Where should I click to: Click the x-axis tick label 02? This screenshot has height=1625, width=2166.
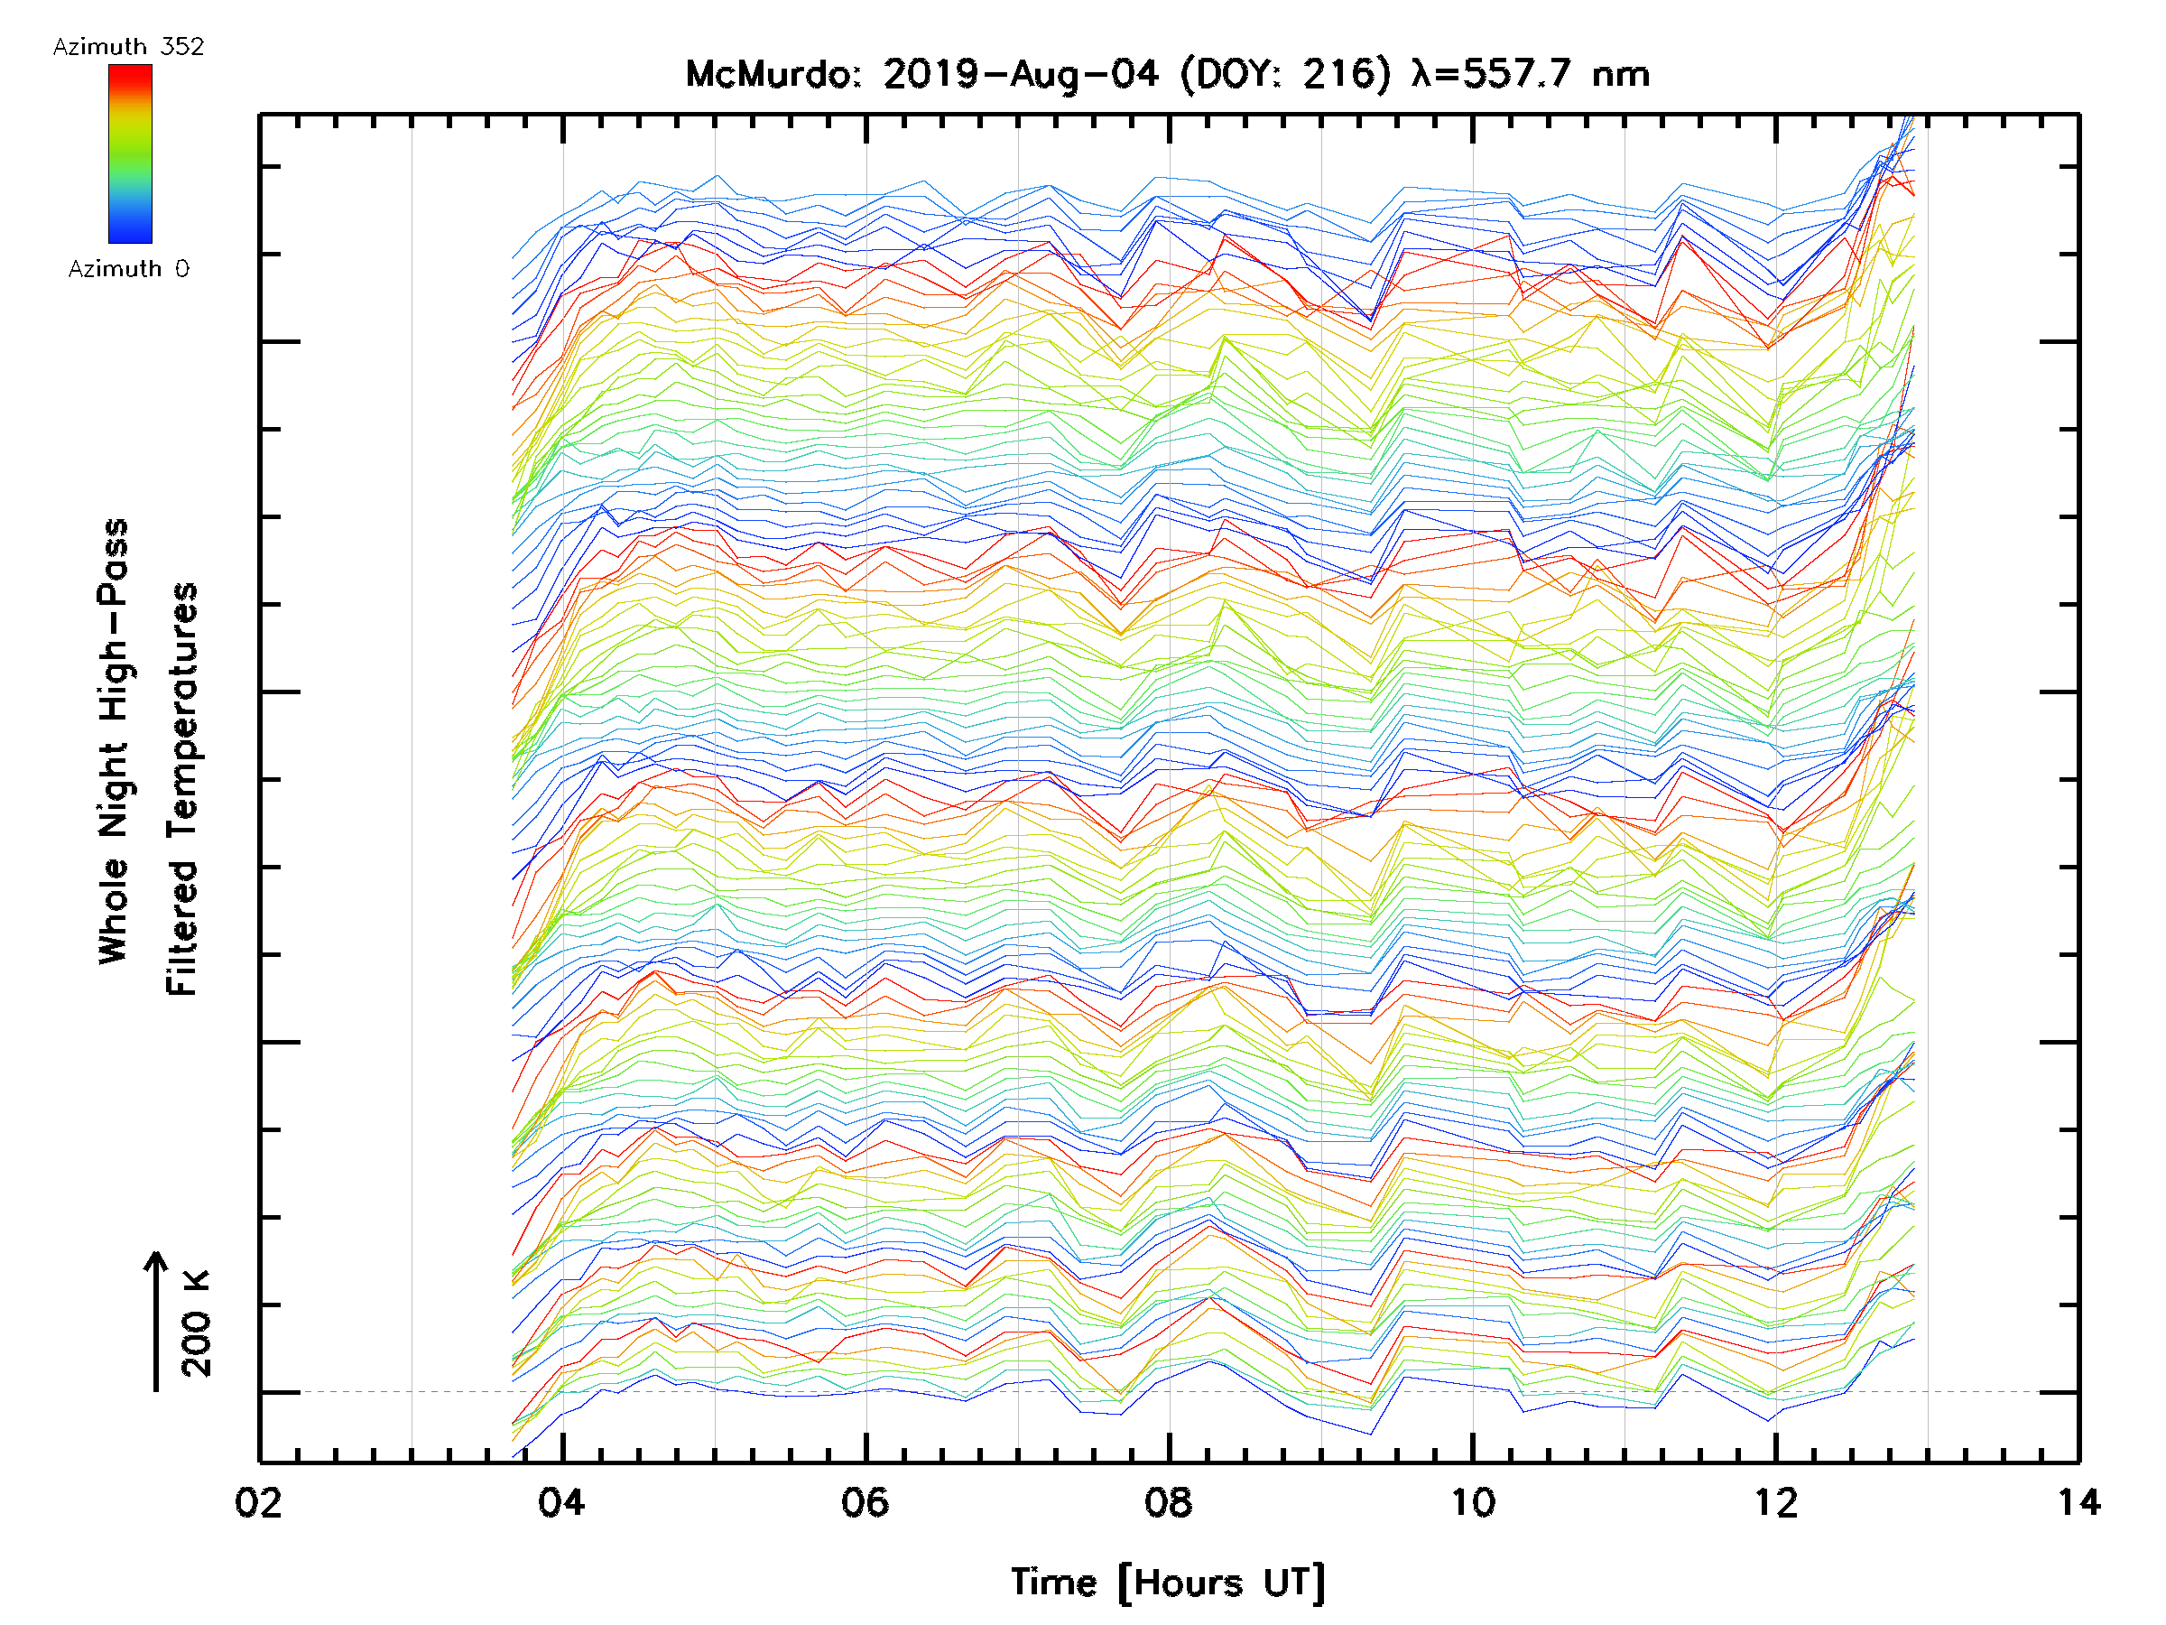pos(258,1502)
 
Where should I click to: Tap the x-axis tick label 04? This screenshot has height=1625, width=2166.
pos(562,1502)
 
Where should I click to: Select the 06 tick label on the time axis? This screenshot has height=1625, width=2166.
pos(865,1502)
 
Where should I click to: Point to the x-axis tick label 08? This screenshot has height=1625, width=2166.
pos(1169,1502)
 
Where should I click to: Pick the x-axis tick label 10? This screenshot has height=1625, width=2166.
pos(1473,1502)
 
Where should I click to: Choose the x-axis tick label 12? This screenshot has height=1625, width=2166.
pos(1776,1502)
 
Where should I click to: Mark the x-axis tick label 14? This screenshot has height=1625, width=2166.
pos(2078,1502)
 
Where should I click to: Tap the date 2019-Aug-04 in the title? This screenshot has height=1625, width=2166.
pos(1021,74)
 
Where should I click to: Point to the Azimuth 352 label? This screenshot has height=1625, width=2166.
pos(128,47)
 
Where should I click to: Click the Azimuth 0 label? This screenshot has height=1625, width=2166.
pos(128,269)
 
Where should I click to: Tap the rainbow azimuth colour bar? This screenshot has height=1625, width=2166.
pos(130,153)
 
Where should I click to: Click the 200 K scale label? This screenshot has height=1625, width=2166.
pos(197,1324)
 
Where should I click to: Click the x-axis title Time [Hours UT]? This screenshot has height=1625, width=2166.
pos(1168,1583)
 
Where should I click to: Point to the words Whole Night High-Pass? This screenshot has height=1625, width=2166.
pos(114,741)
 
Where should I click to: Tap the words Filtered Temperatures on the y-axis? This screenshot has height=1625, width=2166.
pos(182,790)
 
